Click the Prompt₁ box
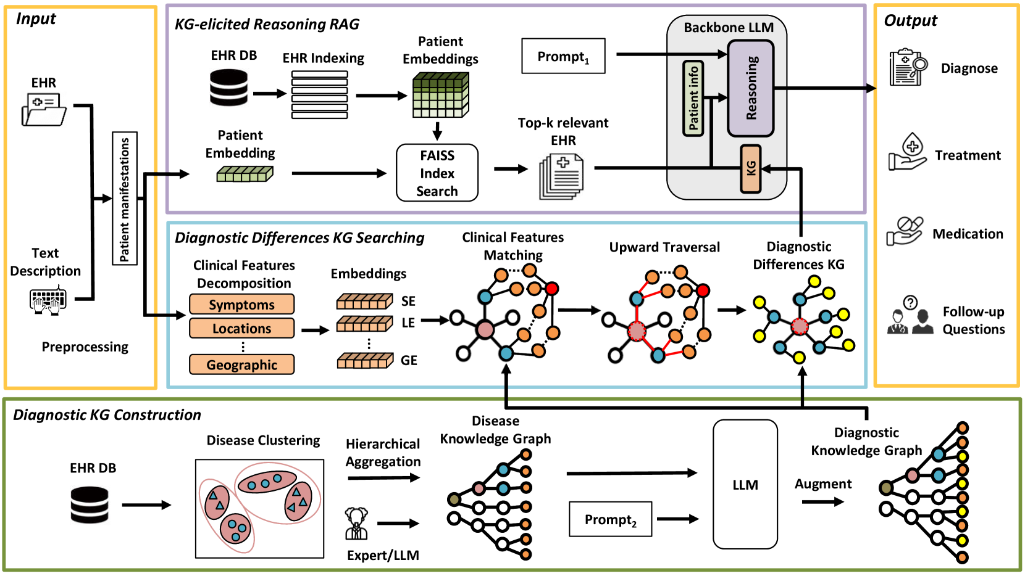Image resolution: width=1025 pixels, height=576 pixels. coord(563,56)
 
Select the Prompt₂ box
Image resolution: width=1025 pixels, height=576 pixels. coord(610,519)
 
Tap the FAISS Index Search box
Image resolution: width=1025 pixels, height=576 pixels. coord(437,173)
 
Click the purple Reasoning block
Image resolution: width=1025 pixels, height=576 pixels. coord(751,88)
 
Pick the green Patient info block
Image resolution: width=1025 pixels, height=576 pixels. coord(693,98)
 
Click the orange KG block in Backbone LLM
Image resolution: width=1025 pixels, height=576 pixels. coord(750,169)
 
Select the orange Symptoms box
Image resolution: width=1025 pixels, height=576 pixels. coord(241,305)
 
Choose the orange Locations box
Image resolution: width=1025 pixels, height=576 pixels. coord(241,329)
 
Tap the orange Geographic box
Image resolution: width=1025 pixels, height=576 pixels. coord(241,364)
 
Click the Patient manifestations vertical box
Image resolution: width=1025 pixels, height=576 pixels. coord(125,199)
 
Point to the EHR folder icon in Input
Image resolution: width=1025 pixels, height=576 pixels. coord(44,109)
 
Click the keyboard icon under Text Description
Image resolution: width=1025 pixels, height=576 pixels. coord(48,300)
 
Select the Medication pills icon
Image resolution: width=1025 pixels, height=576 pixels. coord(905,231)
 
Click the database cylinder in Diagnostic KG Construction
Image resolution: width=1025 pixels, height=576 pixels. coord(90,505)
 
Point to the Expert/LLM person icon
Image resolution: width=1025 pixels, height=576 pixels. coord(356,524)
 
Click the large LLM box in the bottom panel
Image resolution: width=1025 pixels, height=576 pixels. coord(745,485)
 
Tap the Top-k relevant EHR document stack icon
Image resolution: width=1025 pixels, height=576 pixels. coord(561,177)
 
